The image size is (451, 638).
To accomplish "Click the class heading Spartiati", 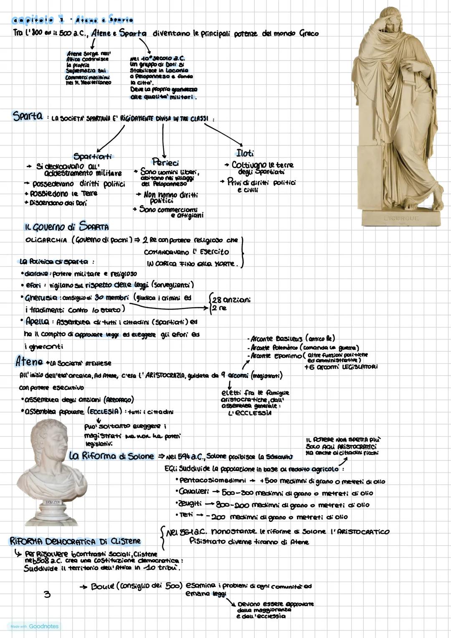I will point(93,156).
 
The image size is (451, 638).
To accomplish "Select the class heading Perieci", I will point(165,163).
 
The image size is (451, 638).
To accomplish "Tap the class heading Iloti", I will point(245,153).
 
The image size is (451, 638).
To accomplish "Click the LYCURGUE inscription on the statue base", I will point(401,218).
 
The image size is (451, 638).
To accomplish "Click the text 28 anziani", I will point(231,300).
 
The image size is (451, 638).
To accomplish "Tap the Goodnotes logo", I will point(43,626).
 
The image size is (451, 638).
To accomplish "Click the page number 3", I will point(47,593).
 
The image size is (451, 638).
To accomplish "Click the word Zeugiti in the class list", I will point(190,504).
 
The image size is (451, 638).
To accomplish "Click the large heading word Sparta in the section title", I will point(28,116).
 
